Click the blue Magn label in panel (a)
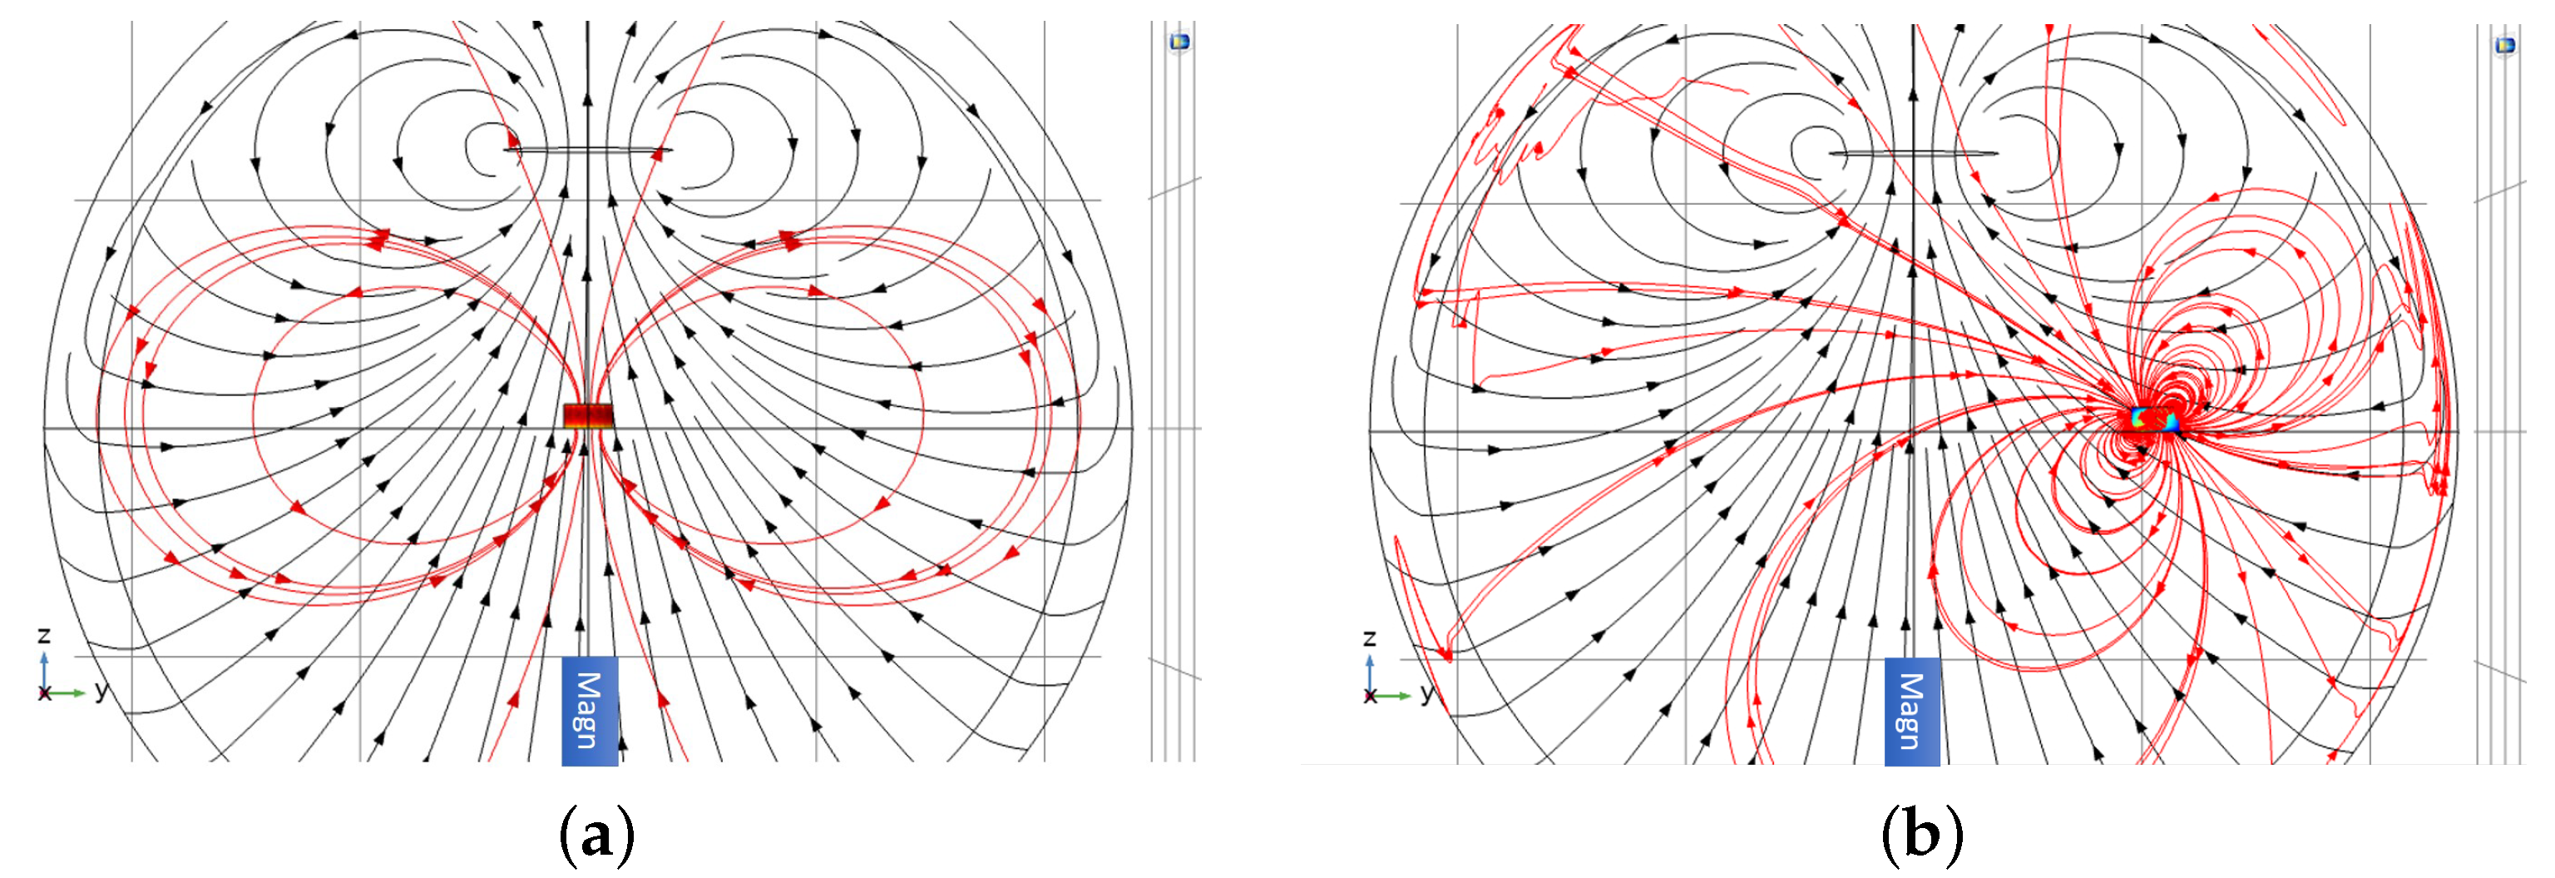[x=589, y=711]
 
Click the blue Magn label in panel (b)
[x=1912, y=712]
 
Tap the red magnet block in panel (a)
[x=588, y=415]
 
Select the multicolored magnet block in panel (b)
[x=2154, y=419]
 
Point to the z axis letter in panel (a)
[x=43, y=635]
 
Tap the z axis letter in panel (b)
[x=1370, y=638]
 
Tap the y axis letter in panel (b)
[x=1427, y=692]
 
